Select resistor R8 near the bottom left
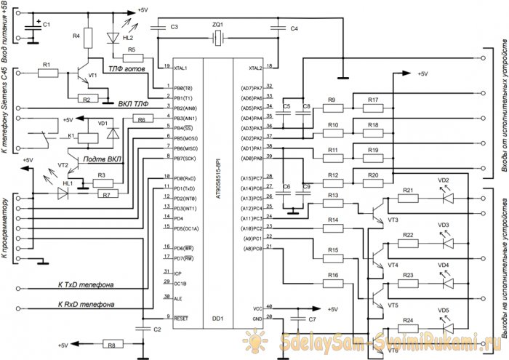pyautogui.click(x=111, y=345)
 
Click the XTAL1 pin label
pyautogui.click(x=185, y=68)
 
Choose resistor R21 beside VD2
pyautogui.click(x=407, y=199)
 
